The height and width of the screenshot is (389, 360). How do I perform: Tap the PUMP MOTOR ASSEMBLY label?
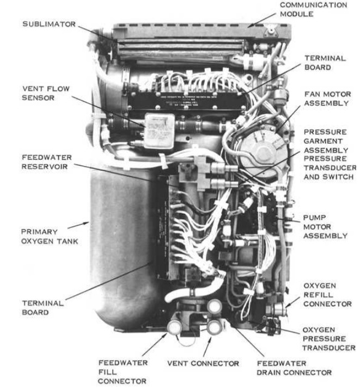[x=325, y=226]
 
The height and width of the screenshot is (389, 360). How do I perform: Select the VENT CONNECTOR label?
[x=203, y=363]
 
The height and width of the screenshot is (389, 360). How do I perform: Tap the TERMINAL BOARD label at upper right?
[x=325, y=62]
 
